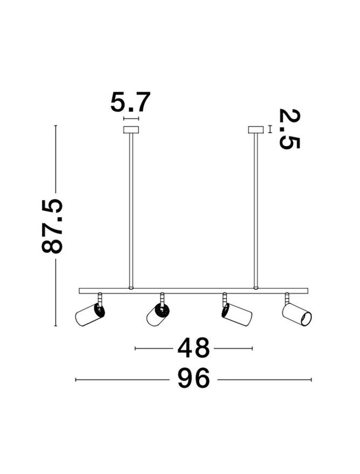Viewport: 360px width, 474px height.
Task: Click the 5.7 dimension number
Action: coord(130,103)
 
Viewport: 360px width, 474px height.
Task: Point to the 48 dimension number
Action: coord(193,349)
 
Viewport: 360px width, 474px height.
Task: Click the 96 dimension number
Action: coord(193,380)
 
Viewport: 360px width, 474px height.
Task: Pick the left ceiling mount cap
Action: coord(131,131)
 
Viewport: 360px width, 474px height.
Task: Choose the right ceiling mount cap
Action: coord(256,131)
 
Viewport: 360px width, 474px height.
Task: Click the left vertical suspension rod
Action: coord(131,208)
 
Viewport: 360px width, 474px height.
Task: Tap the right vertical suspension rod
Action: coord(256,208)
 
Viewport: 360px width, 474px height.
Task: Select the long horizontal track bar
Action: coord(194,290)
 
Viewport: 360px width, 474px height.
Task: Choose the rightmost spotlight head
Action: coord(296,314)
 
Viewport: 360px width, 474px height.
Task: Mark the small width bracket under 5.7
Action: coord(131,119)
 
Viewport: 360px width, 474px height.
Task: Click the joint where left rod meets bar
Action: coord(131,287)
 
